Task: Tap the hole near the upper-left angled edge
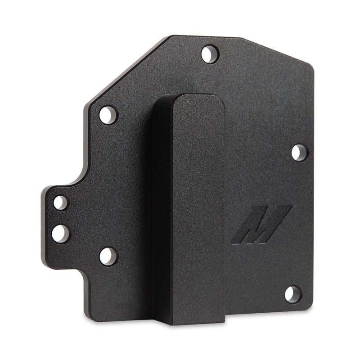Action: [108, 115]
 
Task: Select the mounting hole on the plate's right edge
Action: [299, 153]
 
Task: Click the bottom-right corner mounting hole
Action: [292, 294]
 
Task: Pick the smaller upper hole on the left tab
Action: [60, 202]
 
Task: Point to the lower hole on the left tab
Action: [60, 233]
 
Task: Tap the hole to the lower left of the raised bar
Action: [108, 256]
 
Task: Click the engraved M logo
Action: [261, 225]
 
